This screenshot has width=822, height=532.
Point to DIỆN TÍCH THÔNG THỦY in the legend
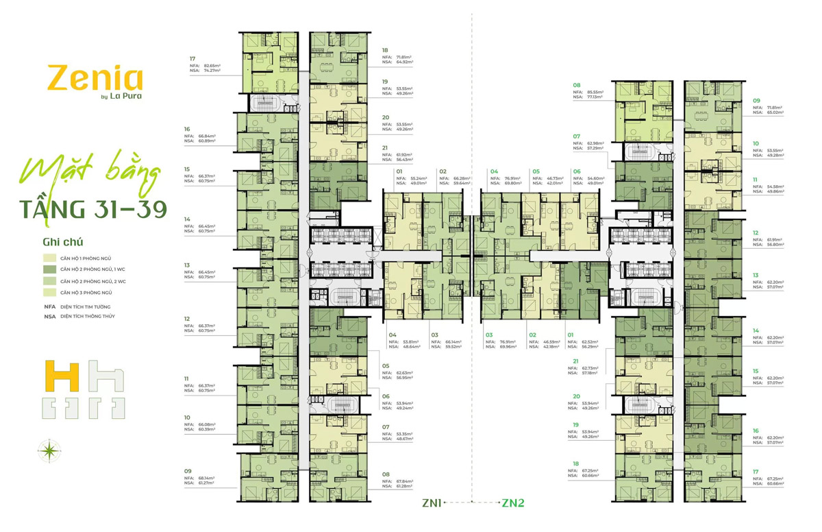click(x=87, y=317)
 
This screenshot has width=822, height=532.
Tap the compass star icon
click(x=49, y=450)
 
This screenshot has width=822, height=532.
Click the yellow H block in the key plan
click(x=58, y=376)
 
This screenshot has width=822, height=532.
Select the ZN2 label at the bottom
click(x=513, y=503)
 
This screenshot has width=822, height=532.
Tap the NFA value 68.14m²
click(x=206, y=478)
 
